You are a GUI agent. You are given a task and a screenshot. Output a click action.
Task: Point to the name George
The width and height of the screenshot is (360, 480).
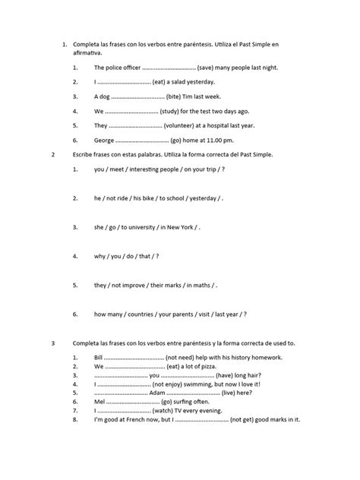106,140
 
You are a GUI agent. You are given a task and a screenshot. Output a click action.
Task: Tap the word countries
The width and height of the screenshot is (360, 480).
146,314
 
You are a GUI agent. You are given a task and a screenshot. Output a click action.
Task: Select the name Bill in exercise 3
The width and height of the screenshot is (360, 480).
99,357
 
